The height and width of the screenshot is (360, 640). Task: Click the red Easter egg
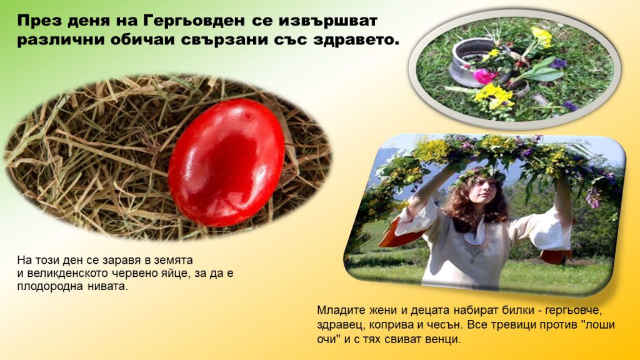click(226, 161)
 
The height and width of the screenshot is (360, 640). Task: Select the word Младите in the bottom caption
click(338, 309)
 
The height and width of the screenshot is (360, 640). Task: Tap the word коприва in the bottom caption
click(389, 325)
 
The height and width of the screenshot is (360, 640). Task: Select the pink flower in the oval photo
click(485, 76)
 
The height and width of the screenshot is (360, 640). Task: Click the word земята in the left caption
click(174, 260)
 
